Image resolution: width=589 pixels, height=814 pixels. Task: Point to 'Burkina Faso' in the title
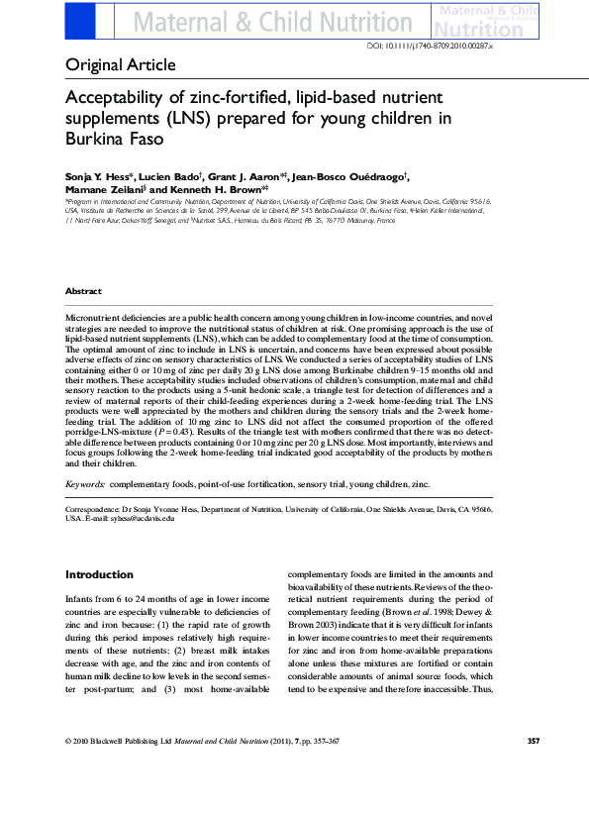(107, 140)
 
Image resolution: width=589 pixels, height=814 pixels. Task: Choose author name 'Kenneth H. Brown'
(217, 188)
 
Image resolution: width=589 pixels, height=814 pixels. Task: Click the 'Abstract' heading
(83, 291)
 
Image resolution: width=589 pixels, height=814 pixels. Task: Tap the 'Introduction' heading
(99, 574)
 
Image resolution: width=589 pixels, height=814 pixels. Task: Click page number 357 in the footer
(532, 768)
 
